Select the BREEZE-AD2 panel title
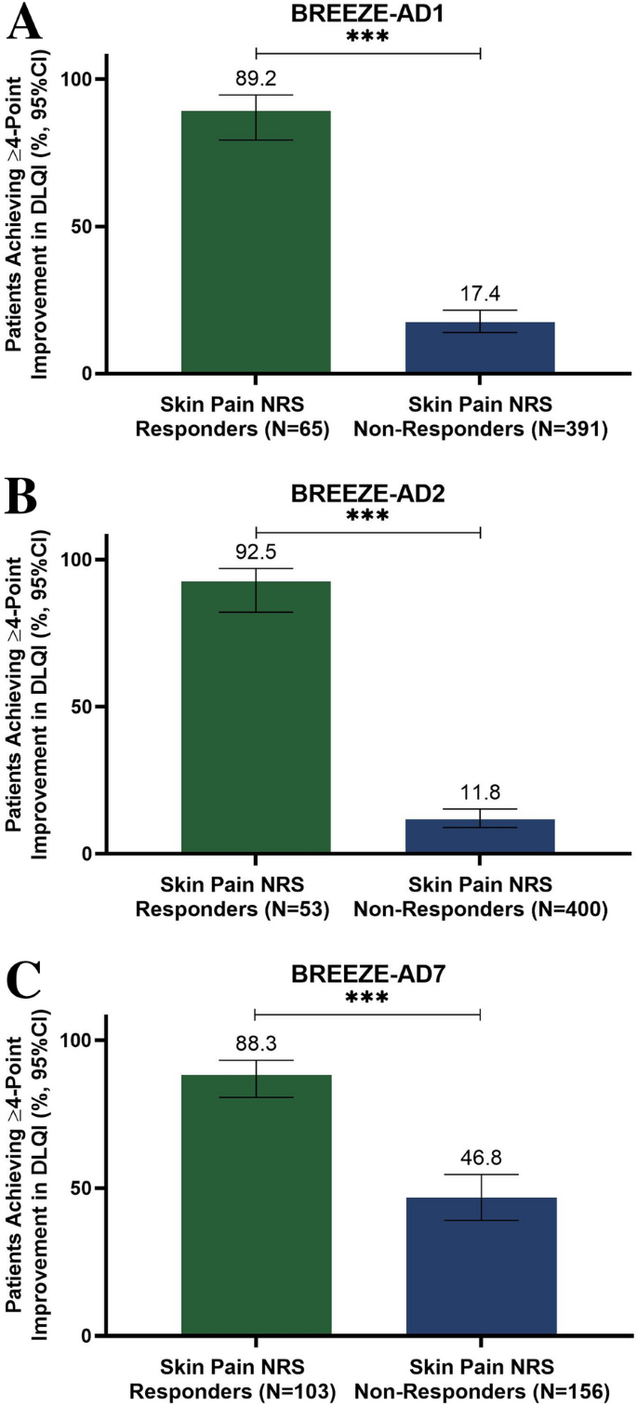point(367,494)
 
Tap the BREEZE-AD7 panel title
point(367,974)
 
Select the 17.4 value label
point(480,295)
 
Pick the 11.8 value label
point(480,793)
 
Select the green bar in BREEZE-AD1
point(256,242)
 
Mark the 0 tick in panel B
point(89,854)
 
